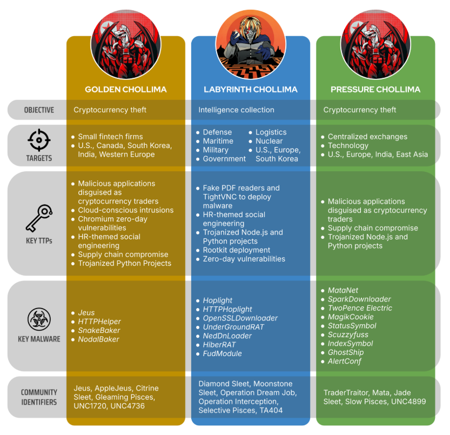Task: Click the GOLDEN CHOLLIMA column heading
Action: coord(126,89)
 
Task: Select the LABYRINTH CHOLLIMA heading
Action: coord(250,89)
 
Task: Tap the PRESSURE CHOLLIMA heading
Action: coord(375,89)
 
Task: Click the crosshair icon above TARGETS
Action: coord(38,140)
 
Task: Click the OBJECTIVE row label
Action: coord(38,110)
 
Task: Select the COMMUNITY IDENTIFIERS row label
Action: coord(38,397)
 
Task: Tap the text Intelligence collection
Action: coord(236,110)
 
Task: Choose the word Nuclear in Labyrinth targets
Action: coord(269,141)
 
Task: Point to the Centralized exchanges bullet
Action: coord(367,137)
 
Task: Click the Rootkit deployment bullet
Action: coord(237,250)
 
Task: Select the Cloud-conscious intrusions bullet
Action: coord(126,210)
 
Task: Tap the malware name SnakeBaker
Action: coord(99,330)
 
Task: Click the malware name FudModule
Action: coord(222,353)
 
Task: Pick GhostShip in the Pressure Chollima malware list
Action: coord(346,352)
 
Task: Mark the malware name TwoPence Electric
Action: coord(360,308)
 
